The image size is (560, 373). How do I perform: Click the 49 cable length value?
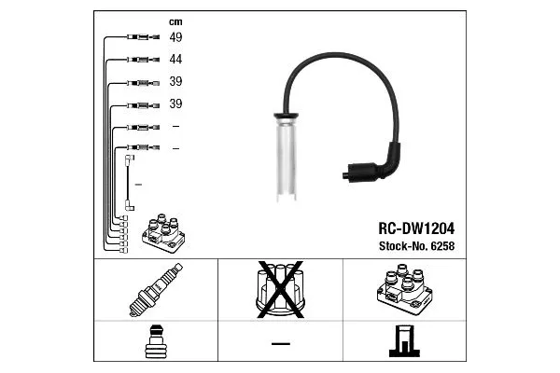(175, 36)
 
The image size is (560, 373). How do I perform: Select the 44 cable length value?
(175, 59)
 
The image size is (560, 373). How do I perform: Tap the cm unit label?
(175, 22)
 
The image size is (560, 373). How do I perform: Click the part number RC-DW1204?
(416, 228)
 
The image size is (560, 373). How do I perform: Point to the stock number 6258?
(442, 246)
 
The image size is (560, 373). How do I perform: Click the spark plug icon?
(156, 290)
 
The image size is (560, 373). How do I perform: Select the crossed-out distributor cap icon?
(280, 289)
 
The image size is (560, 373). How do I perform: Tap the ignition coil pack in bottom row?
(404, 289)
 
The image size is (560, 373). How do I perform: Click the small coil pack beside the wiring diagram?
(163, 233)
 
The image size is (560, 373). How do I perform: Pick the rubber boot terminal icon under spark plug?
(156, 341)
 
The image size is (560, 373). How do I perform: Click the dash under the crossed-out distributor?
(281, 344)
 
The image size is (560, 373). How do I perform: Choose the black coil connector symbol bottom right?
(404, 341)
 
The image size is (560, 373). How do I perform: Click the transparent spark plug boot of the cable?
(287, 159)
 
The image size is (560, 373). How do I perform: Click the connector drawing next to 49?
(143, 36)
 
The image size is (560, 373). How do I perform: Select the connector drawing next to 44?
(143, 60)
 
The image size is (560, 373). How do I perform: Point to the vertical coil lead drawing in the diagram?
(130, 183)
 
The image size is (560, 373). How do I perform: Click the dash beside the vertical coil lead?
(138, 185)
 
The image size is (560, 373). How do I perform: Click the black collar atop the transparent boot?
(287, 116)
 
